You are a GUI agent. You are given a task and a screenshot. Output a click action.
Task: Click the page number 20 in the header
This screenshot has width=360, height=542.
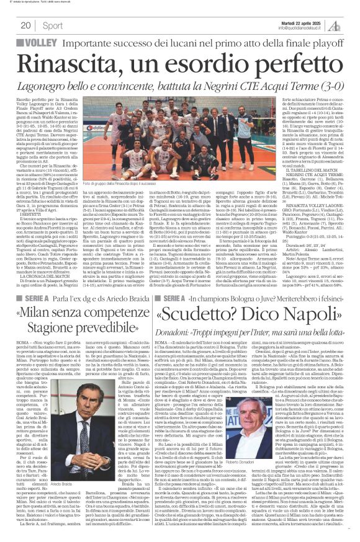(25, 25)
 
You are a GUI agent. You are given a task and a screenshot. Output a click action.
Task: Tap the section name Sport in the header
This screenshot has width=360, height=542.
(53, 25)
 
